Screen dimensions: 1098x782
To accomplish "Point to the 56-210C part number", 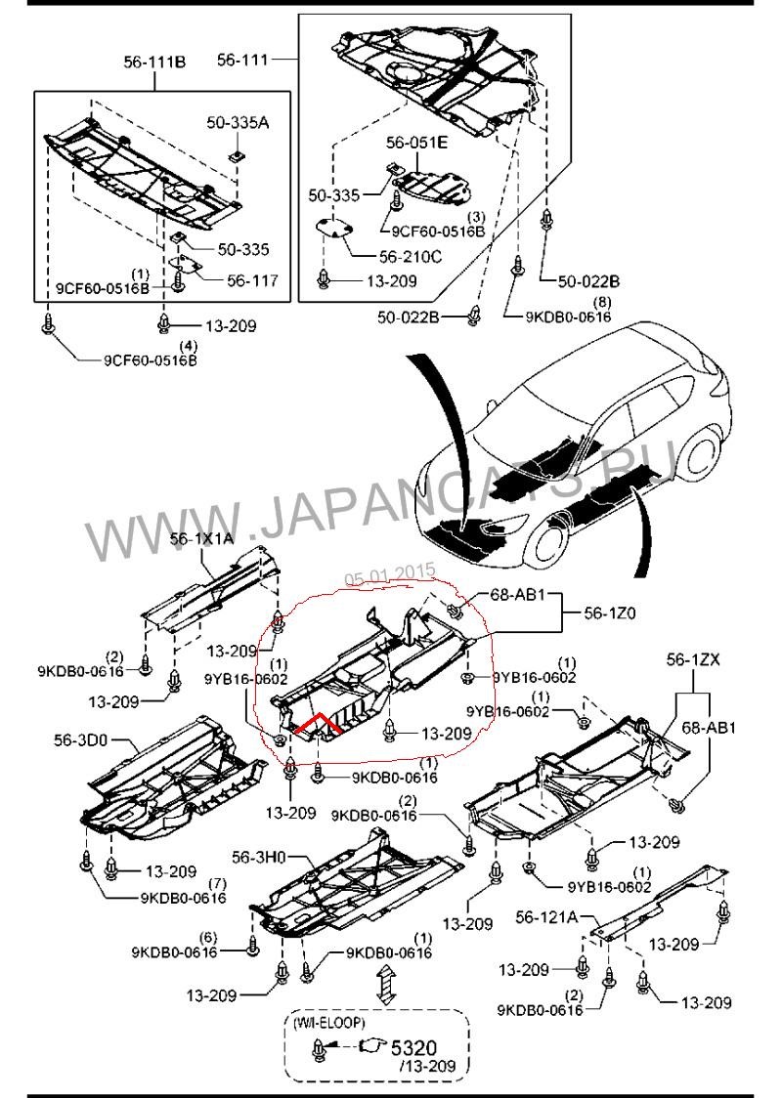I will tap(410, 256).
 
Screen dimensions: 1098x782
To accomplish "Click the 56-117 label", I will tap(252, 280).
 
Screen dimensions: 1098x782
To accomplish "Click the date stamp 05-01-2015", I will tap(390, 577).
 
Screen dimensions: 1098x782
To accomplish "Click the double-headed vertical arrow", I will tap(385, 986).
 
